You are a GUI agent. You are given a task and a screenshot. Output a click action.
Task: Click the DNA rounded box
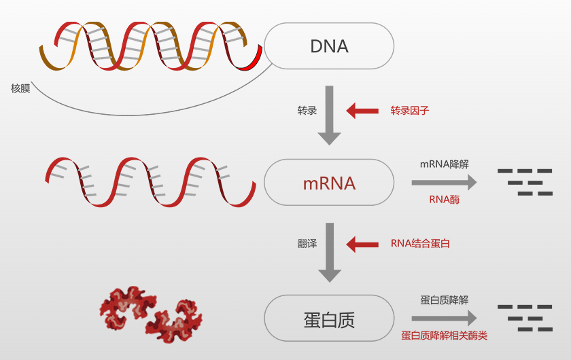point(329,46)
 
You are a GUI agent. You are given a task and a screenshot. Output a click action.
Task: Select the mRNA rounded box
point(329,183)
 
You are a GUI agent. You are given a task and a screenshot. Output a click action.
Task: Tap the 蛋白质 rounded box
point(329,319)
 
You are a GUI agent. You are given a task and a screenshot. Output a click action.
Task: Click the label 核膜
point(20,88)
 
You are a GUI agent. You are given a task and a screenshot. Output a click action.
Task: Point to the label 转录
point(307,110)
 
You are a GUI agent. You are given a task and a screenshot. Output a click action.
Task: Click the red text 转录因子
point(410,110)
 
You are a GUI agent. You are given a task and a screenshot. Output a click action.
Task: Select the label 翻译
point(307,243)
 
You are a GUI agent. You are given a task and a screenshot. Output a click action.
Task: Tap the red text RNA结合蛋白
point(420,243)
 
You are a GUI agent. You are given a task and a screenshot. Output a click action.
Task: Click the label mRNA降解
point(445,164)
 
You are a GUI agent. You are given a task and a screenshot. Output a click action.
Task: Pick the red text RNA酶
point(445,200)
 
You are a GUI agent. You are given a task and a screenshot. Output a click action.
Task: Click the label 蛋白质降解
point(445,300)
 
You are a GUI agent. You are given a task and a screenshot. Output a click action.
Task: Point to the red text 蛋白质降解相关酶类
point(445,336)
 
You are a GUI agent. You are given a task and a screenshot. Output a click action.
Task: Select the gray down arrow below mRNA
point(330,251)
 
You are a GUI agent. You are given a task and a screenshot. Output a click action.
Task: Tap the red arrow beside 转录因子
point(362,110)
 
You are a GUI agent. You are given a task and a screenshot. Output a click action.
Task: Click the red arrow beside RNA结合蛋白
point(362,243)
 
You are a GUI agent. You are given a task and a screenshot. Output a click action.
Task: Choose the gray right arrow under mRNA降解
point(444,182)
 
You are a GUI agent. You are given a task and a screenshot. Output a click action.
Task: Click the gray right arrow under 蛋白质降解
point(444,318)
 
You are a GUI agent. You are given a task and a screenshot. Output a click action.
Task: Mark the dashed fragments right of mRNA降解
point(525,182)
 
